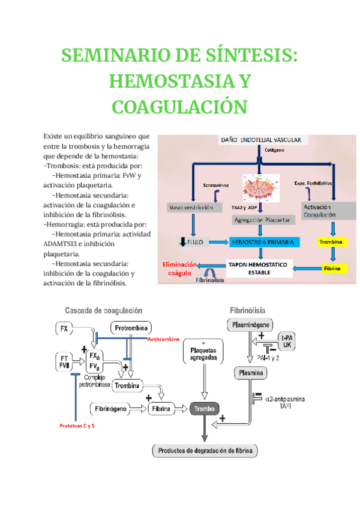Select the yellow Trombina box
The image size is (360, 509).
pos(331,242)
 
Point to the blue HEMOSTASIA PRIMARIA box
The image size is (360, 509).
pos(262,242)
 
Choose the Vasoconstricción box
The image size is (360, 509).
pos(191,207)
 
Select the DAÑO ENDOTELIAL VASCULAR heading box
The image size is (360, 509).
pos(261,140)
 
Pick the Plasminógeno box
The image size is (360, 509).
pos(252,325)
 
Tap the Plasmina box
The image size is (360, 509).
pos(251,373)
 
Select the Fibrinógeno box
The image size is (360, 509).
pos(110,409)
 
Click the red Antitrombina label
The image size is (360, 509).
pos(163,340)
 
